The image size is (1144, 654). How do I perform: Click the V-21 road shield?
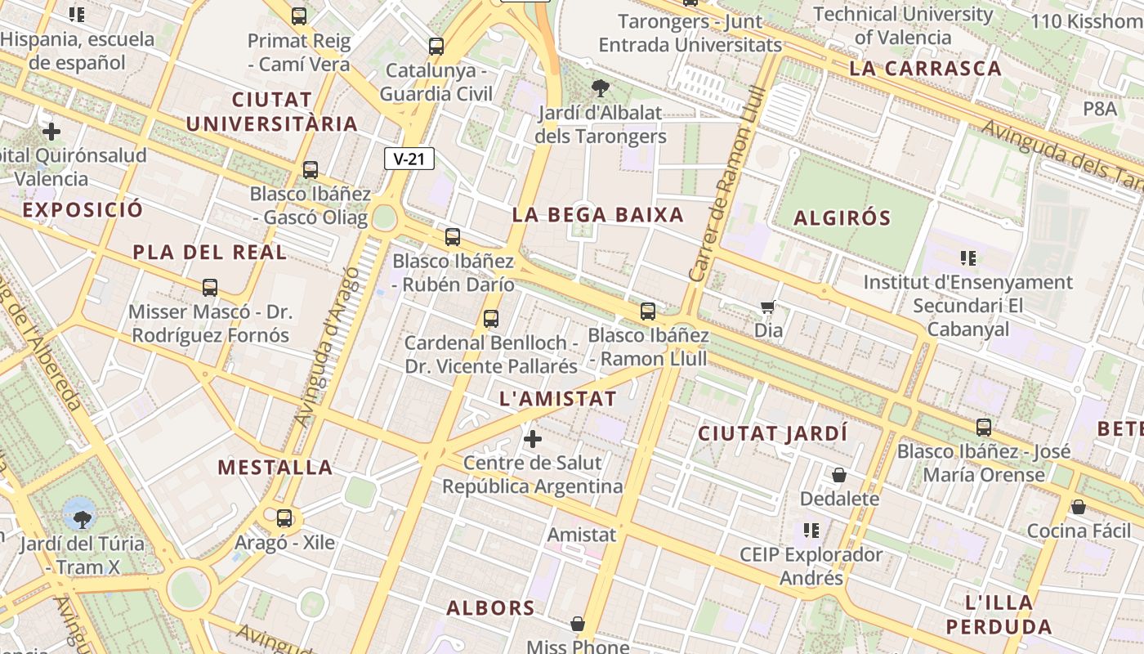[x=409, y=159]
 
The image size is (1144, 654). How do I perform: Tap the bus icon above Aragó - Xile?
[x=284, y=517]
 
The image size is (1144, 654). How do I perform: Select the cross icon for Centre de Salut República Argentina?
[x=533, y=439]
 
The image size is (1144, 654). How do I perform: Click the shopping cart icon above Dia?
[x=767, y=307]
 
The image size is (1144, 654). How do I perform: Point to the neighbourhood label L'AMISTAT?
[x=557, y=399]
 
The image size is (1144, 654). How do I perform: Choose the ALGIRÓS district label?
[x=842, y=218]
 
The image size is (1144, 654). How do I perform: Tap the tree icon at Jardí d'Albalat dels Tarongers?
[x=601, y=87]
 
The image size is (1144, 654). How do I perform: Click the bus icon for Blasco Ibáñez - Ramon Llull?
[x=648, y=311]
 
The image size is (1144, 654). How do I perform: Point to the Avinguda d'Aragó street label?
[x=326, y=343]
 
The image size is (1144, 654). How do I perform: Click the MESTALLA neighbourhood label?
[x=275, y=468]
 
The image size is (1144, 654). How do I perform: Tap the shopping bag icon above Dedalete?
[x=838, y=475]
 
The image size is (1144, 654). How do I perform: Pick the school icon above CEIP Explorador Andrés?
[x=811, y=531]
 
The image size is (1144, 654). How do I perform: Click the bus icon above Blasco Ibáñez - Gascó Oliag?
[x=311, y=170]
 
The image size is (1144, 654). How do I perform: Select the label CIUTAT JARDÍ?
[x=772, y=434]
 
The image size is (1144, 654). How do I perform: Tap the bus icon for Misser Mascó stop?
[x=210, y=288]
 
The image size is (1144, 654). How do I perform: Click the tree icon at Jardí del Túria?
[x=82, y=517]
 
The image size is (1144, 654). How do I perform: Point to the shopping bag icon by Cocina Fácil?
[x=1079, y=507]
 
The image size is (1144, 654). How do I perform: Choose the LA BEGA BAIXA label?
[x=597, y=215]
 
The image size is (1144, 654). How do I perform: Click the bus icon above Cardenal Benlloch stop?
[x=491, y=319]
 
